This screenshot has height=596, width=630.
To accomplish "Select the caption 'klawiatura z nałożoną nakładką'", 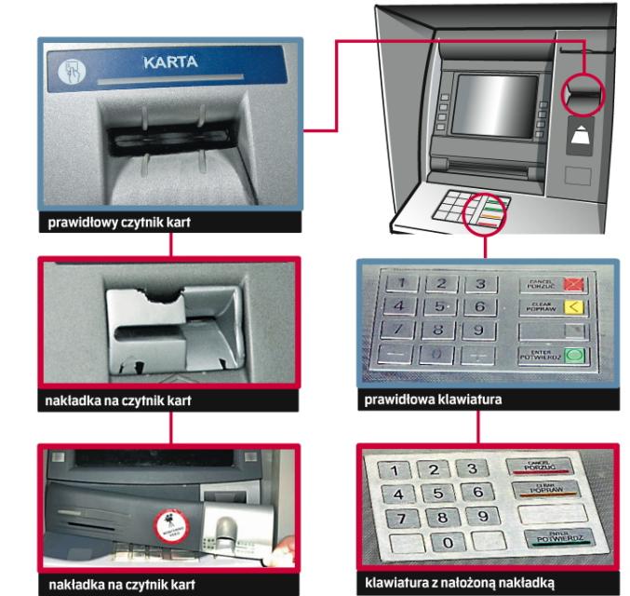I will (455, 584).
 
